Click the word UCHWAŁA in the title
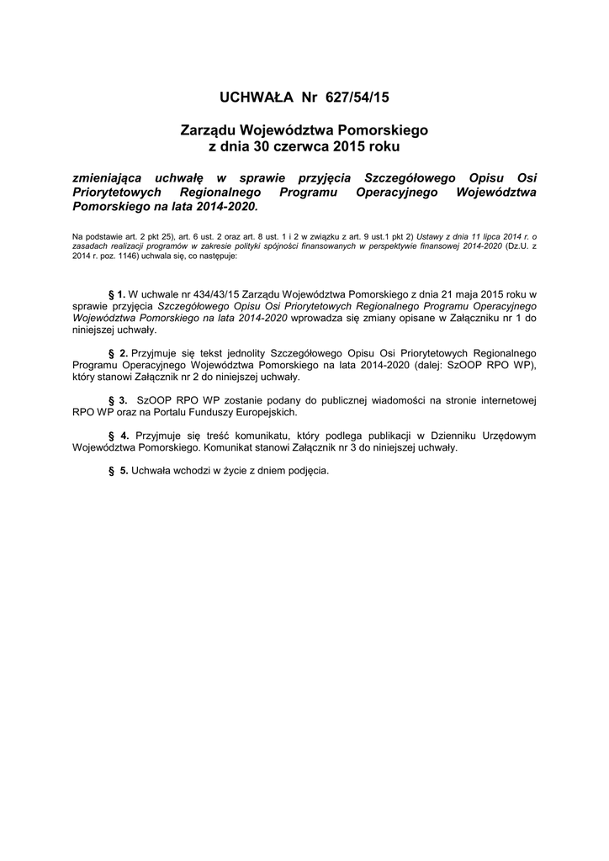point(255,98)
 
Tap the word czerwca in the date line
point(299,146)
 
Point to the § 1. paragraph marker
point(117,293)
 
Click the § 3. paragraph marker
point(118,400)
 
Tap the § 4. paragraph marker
point(118,436)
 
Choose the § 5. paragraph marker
point(118,471)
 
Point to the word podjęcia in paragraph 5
point(305,471)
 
